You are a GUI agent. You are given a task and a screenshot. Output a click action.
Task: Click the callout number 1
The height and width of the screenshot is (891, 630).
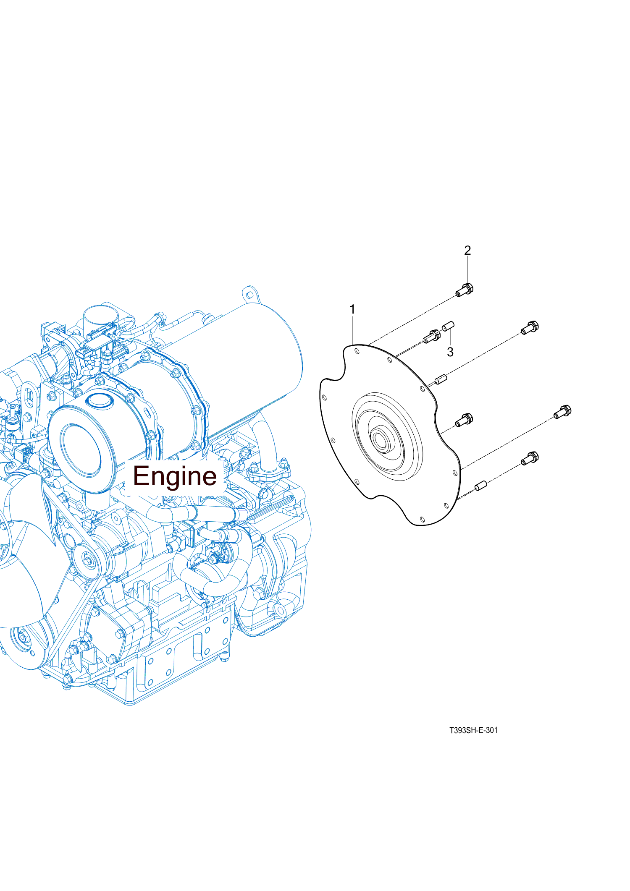pos(352,310)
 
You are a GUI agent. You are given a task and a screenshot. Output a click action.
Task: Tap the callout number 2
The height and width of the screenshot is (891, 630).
pos(467,251)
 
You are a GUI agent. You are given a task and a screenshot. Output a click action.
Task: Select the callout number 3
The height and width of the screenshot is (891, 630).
pos(450,352)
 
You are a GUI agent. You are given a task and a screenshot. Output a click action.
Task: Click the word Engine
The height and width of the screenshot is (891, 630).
pos(175,476)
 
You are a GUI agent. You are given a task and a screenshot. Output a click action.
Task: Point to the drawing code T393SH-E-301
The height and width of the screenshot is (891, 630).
pos(473,730)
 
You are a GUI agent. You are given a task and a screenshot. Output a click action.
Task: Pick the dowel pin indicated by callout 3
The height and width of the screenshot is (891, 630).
pos(448,326)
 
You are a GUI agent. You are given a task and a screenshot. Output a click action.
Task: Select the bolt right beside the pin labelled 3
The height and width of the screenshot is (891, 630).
pos(432,336)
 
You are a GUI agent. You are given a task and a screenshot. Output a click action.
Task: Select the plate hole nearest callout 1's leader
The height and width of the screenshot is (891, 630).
pos(357,351)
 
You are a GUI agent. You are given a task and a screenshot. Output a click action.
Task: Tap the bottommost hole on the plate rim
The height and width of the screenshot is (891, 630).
pos(423,520)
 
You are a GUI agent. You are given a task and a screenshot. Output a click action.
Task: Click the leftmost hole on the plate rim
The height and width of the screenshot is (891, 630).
pos(324,397)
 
